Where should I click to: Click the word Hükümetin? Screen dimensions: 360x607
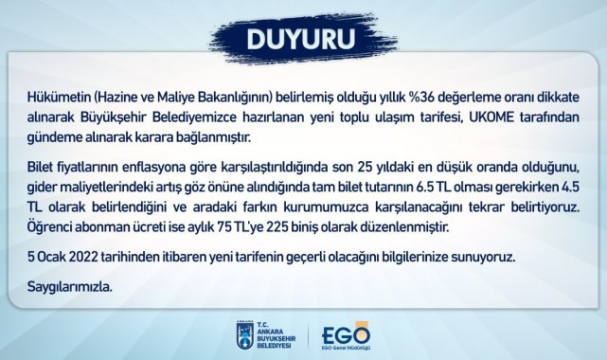point(54,100)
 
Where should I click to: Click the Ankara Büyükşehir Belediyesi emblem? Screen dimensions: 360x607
point(242,335)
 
